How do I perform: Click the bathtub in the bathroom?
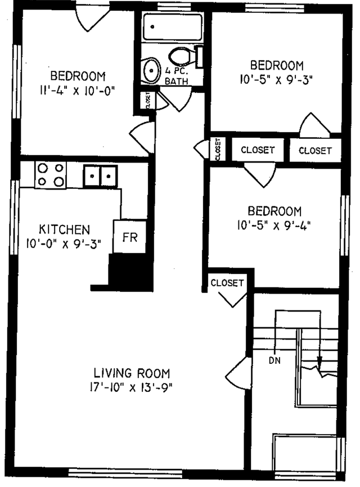[x=172, y=27]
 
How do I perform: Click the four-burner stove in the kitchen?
[x=50, y=174]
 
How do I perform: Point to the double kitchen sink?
[x=101, y=177]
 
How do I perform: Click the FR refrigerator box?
[x=130, y=237]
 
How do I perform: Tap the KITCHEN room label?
[x=64, y=229]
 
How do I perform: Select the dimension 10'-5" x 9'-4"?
[x=275, y=225]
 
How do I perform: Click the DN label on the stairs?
[x=275, y=358]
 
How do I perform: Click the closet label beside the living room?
[x=227, y=282]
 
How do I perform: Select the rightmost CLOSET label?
[x=315, y=150]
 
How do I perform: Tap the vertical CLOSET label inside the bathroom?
[x=147, y=100]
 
